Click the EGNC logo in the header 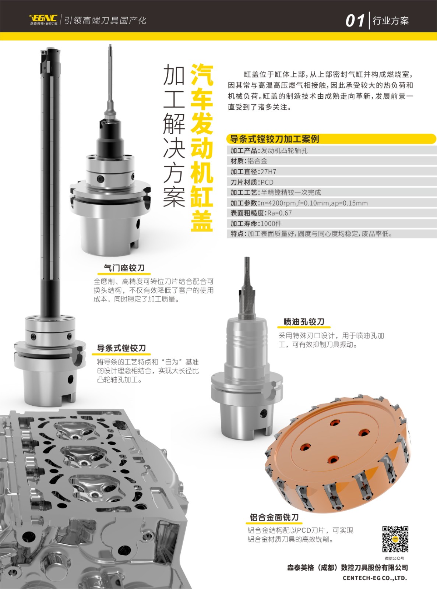click(x=43, y=20)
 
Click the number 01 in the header click(x=355, y=21)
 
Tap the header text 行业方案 click(x=391, y=21)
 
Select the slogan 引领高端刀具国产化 click(x=105, y=21)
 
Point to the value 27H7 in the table click(x=268, y=172)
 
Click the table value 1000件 click(x=271, y=223)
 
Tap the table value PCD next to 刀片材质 click(x=267, y=183)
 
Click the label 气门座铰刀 click(x=124, y=268)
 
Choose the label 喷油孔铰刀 click(x=304, y=322)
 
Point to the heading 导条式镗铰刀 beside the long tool click(x=121, y=348)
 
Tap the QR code click(x=395, y=539)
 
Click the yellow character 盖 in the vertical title click(x=202, y=221)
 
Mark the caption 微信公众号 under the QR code click(x=395, y=558)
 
